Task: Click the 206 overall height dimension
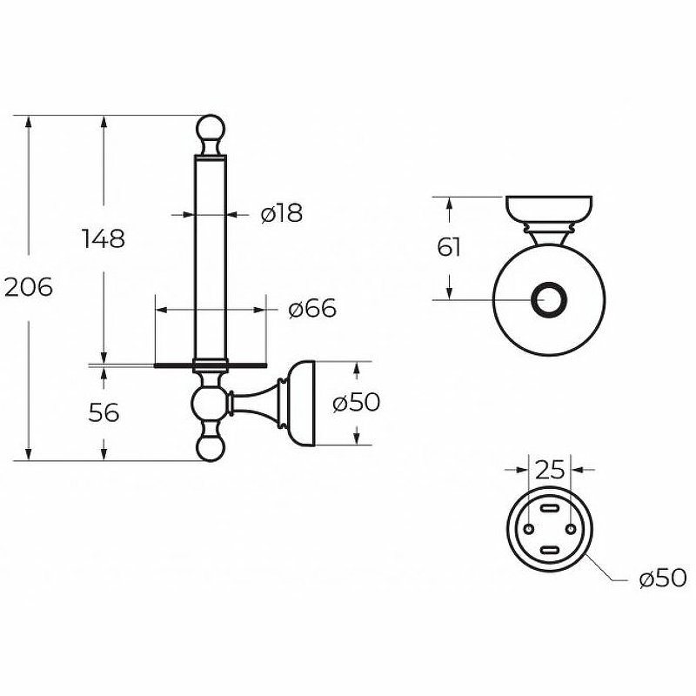click(x=29, y=288)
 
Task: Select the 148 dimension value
click(x=104, y=238)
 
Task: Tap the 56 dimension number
click(x=104, y=412)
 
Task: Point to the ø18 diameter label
click(x=282, y=212)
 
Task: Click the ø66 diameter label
click(x=312, y=308)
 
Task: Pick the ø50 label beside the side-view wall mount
click(x=356, y=403)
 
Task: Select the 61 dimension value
click(x=448, y=247)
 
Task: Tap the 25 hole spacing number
click(x=550, y=470)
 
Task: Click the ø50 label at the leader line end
click(x=663, y=579)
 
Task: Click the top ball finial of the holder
click(x=211, y=128)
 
